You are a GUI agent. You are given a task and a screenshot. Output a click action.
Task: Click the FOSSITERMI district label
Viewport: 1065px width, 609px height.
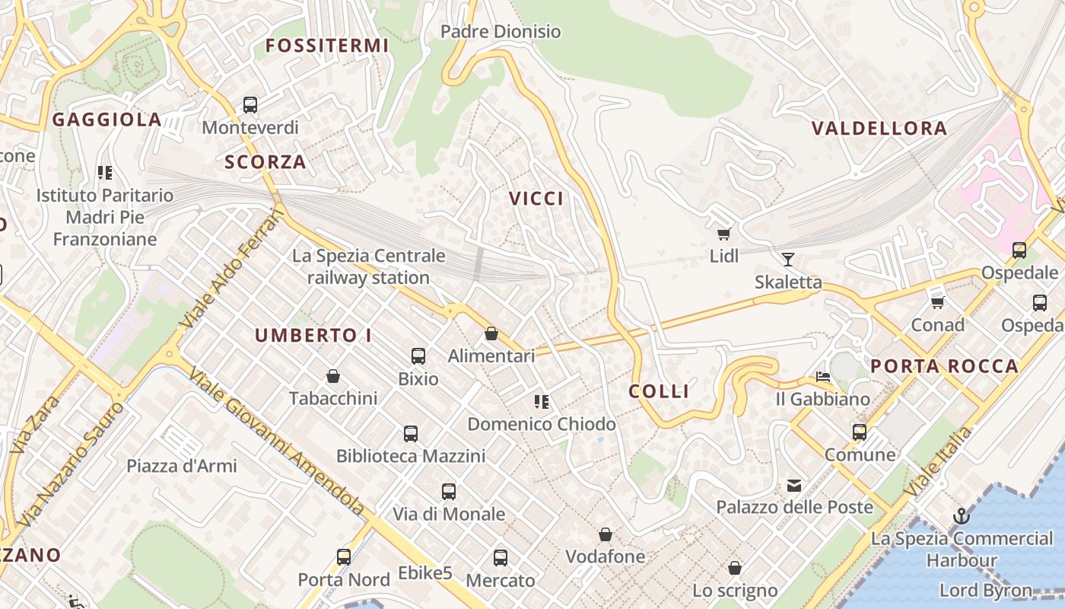(327, 46)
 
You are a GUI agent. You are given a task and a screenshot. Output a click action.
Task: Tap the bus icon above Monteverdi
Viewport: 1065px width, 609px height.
(250, 105)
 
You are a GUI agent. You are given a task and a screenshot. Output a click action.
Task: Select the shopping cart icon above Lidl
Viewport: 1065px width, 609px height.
(723, 234)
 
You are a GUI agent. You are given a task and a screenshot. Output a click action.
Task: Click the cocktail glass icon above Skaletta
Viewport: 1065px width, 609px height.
(788, 260)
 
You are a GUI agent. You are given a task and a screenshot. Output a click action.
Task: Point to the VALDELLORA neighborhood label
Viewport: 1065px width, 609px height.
(879, 128)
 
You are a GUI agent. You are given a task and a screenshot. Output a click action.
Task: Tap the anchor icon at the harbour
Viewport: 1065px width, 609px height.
(962, 516)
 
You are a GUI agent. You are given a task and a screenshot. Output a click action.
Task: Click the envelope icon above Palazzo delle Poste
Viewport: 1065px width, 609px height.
(794, 485)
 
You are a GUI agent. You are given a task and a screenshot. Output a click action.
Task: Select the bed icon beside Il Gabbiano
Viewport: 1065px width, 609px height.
(823, 376)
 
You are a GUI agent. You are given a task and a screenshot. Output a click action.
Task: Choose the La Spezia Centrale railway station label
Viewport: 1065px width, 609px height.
(368, 266)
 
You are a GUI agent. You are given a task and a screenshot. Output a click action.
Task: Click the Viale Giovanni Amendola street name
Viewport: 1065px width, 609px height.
(277, 442)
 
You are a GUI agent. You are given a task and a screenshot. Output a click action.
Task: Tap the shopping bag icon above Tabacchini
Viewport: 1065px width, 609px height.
(333, 375)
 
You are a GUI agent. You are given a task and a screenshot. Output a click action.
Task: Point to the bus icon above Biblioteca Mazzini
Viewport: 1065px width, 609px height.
(411, 434)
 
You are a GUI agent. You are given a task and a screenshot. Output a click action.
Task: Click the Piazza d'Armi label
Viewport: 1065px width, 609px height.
(182, 466)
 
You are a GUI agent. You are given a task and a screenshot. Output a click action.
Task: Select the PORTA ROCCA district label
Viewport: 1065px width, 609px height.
(944, 366)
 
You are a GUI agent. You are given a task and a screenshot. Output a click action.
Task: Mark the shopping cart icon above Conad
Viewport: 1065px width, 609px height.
(938, 302)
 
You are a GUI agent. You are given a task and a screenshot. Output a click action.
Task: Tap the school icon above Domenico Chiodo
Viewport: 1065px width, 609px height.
(542, 401)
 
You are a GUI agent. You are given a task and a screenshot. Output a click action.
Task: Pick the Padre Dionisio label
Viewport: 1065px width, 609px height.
(501, 31)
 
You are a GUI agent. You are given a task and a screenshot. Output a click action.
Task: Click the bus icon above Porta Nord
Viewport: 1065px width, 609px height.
(344, 557)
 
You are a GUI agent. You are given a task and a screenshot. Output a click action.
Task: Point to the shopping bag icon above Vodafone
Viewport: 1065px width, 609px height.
(606, 534)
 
